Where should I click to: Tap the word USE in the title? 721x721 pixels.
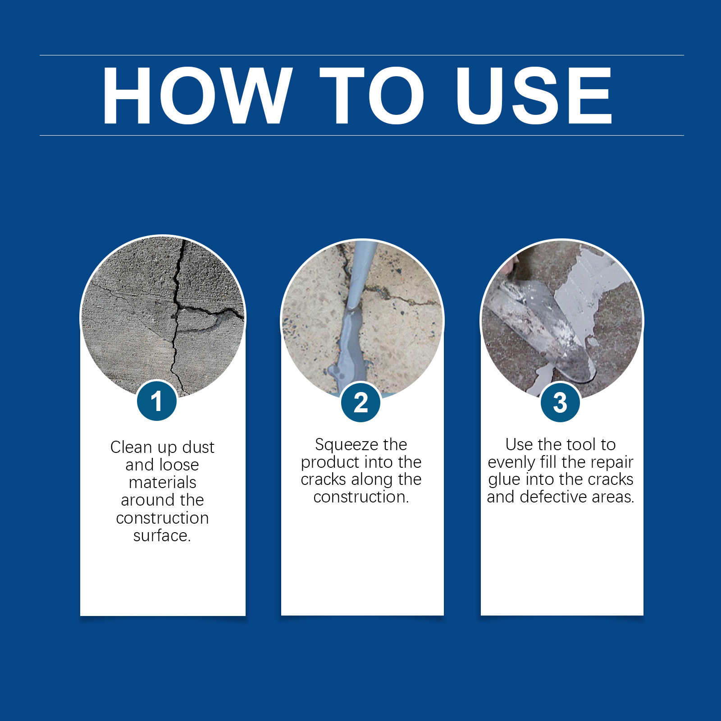534,95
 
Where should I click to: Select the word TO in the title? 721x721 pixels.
372,95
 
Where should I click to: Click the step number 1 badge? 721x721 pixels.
157,401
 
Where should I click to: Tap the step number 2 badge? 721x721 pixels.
360,402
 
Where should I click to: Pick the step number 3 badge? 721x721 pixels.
560,402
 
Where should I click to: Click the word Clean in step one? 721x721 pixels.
132,447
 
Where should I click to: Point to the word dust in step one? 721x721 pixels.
198,447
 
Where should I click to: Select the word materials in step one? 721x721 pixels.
163,482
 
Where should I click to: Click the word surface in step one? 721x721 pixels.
160,535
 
